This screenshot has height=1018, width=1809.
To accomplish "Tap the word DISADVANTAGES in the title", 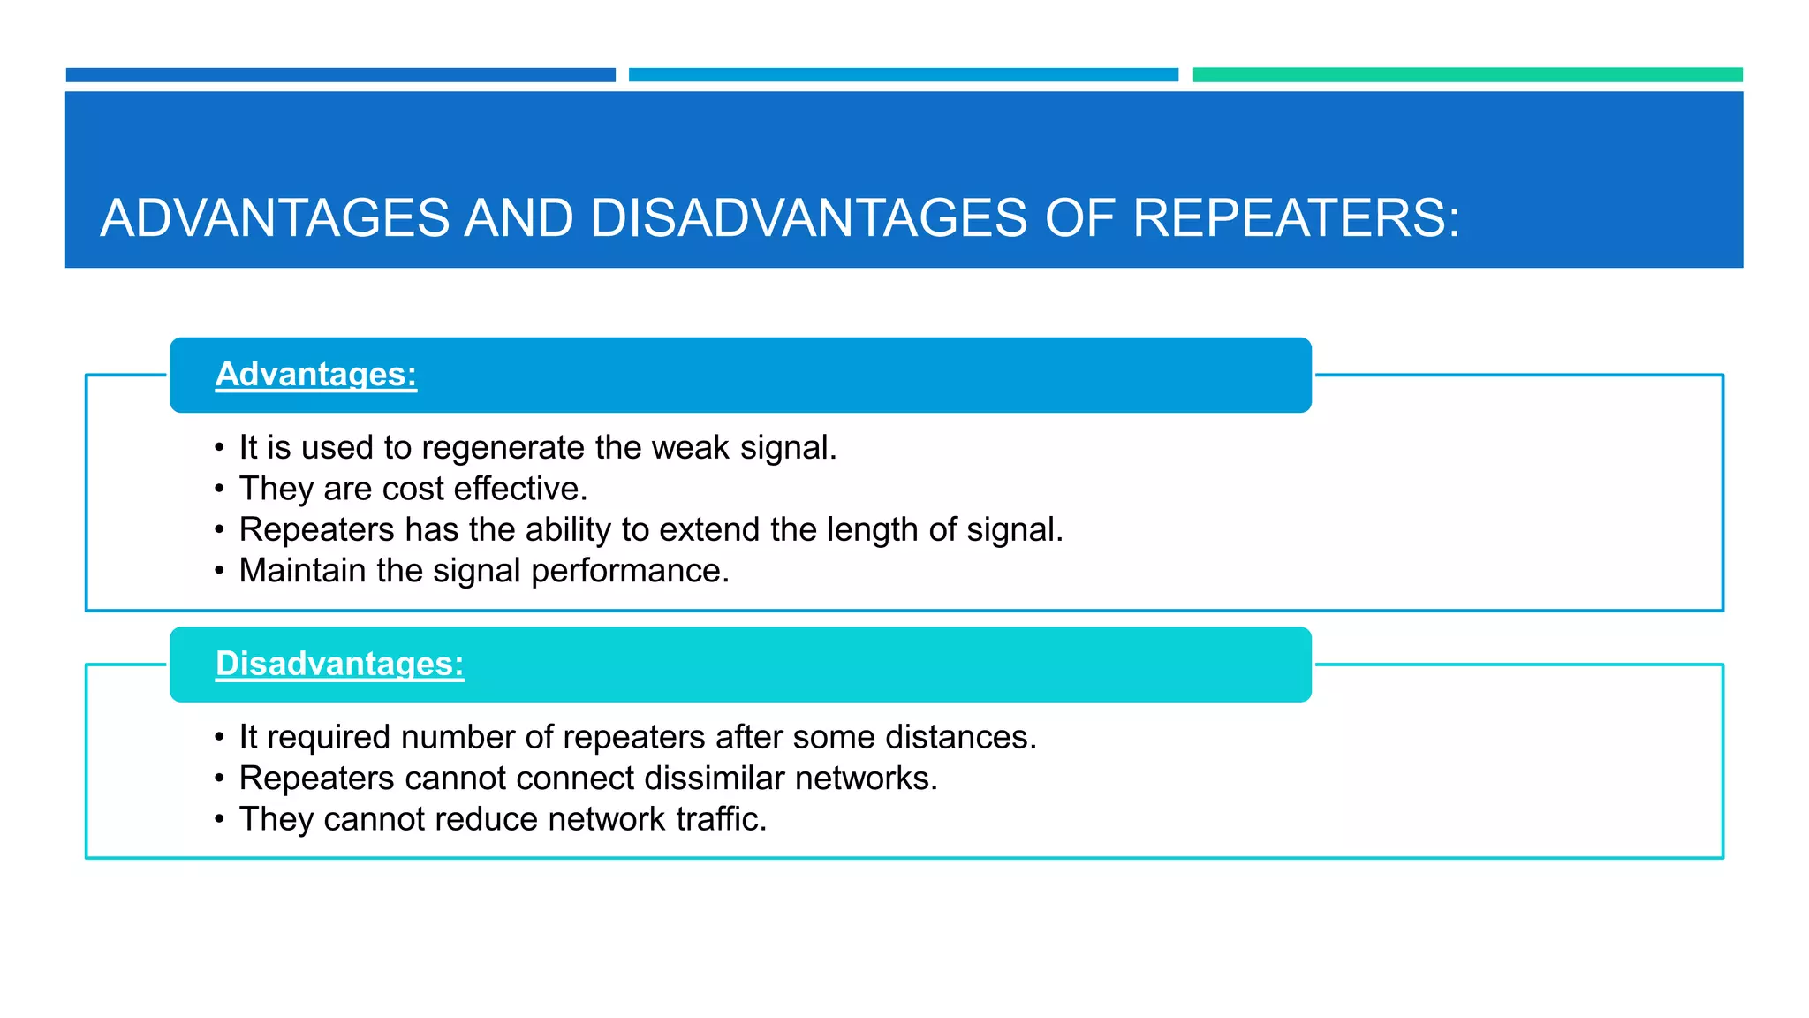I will (808, 217).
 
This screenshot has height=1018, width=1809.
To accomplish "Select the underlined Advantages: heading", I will (316, 374).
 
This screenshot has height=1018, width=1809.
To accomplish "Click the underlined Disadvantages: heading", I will (340, 664).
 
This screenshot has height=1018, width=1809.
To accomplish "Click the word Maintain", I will (302, 571).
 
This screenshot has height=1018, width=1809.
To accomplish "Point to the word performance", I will (630, 572).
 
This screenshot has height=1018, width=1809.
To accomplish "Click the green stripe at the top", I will (1467, 75).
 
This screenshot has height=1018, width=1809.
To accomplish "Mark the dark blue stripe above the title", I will (340, 75).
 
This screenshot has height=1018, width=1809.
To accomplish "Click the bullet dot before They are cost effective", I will (219, 490).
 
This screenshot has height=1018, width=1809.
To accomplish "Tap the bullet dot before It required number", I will (219, 738).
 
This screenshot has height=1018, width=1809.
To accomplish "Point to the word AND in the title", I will (519, 217).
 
